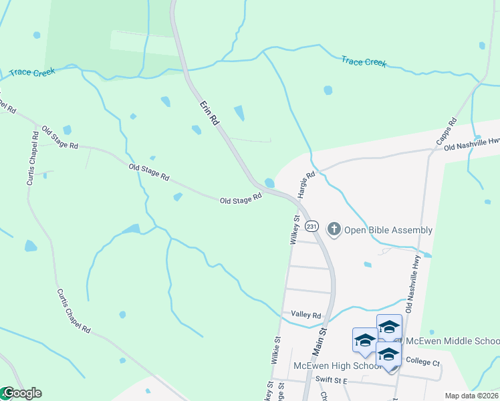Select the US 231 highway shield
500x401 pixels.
(312, 227)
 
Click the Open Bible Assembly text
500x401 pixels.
(388, 231)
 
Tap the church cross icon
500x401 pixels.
(334, 230)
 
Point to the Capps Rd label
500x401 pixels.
(446, 131)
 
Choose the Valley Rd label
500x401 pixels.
(306, 315)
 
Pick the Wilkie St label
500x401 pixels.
(275, 350)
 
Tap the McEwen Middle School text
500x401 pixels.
(452, 341)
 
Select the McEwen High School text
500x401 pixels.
(338, 366)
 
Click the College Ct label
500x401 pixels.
(422, 362)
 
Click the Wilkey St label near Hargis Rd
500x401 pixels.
(295, 229)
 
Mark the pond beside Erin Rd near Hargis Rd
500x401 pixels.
(269, 182)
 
